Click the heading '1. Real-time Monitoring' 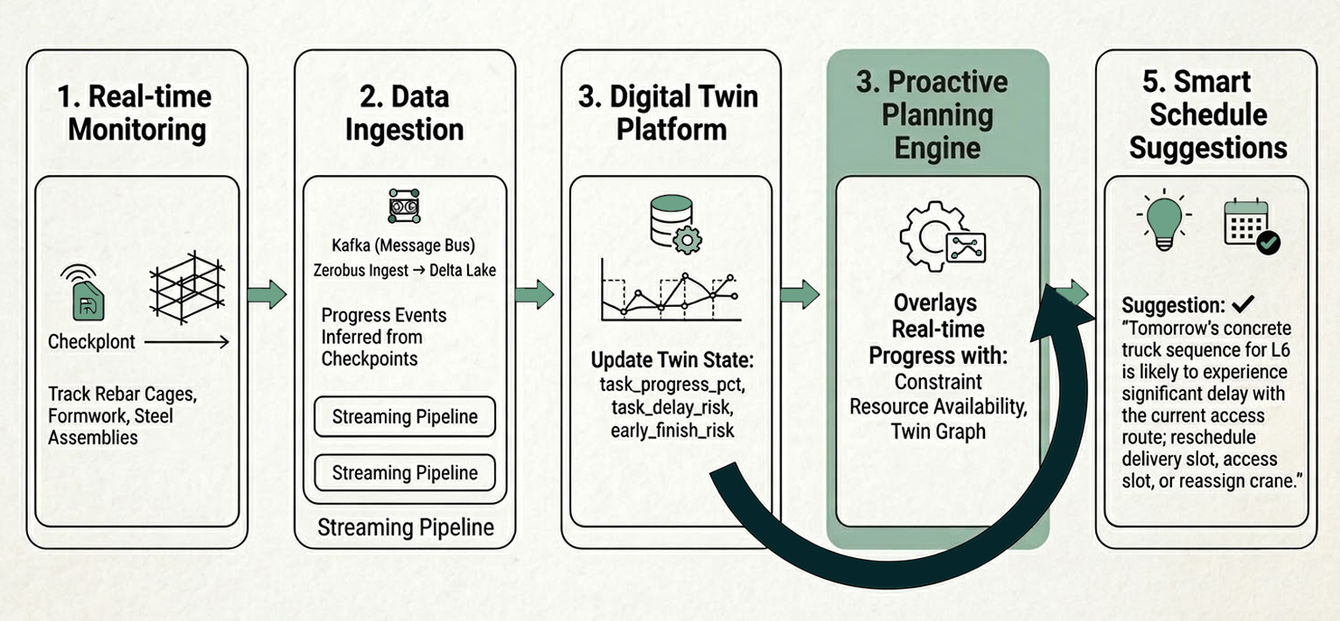tap(138, 112)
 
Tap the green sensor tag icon tap(86, 297)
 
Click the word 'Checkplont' tap(92, 342)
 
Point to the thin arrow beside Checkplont tap(186, 343)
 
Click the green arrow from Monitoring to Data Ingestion tap(267, 294)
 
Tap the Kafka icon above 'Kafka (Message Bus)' tap(404, 206)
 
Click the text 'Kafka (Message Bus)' tap(404, 244)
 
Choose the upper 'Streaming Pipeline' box tap(404, 417)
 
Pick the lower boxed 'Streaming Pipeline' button tap(404, 473)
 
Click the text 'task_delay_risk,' tap(670, 408)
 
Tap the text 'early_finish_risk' tap(670, 430)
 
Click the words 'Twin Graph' tap(938, 430)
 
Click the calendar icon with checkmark tap(1250, 226)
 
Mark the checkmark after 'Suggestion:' tap(1242, 304)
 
